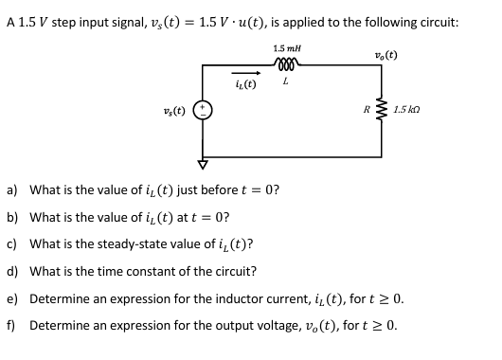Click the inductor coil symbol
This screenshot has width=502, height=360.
click(283, 66)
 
